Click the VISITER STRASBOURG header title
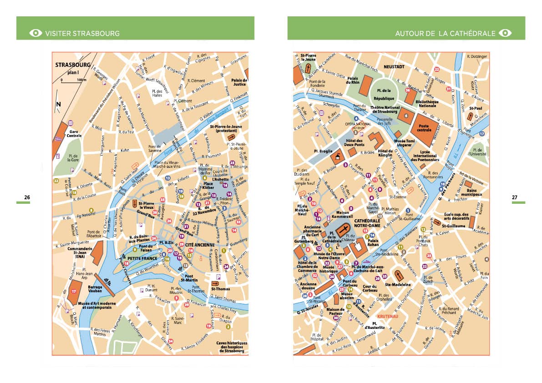click(x=82, y=33)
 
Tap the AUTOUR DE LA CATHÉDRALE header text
click(x=445, y=33)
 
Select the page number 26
click(x=27, y=197)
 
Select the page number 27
click(x=515, y=197)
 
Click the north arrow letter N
click(x=58, y=104)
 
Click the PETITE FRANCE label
click(x=142, y=258)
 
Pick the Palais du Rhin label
click(x=353, y=81)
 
